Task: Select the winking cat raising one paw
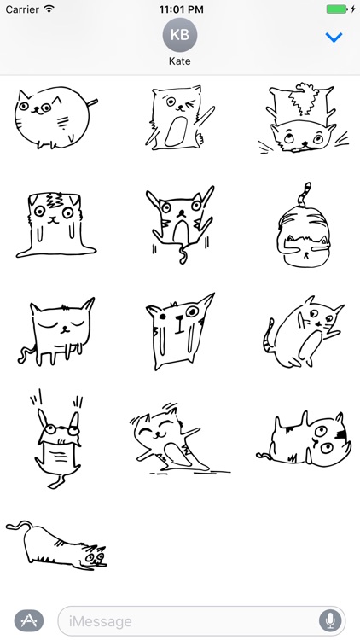click(177, 119)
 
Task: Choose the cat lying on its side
click(307, 438)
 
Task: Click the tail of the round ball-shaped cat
click(91, 105)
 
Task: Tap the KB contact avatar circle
click(179, 35)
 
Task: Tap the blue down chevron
click(334, 38)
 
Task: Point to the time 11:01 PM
click(180, 9)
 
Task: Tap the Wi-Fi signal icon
click(49, 9)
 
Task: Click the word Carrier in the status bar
click(21, 9)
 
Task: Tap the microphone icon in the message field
click(329, 620)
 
